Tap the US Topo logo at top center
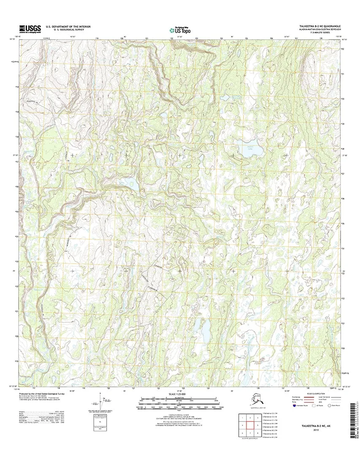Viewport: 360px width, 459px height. (180, 30)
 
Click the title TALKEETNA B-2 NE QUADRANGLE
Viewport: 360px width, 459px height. (319, 26)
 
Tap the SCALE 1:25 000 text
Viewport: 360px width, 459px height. (180, 394)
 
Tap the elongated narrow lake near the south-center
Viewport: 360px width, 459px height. (206, 329)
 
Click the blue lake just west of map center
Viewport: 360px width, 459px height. (131, 183)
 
